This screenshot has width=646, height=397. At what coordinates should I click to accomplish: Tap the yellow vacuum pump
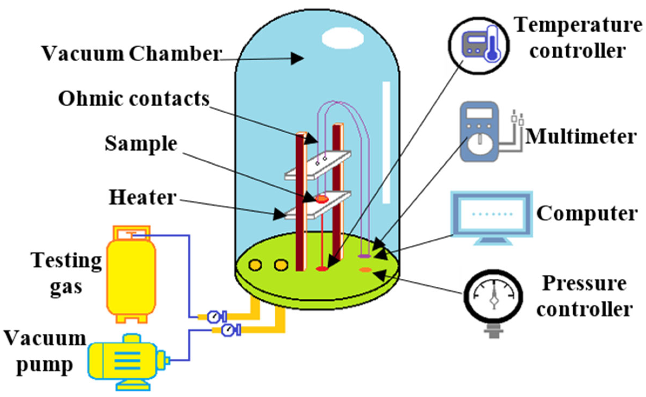coord(124,361)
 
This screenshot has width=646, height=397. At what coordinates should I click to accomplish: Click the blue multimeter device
coord(479,132)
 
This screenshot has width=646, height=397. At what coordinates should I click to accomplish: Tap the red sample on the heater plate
coord(321,199)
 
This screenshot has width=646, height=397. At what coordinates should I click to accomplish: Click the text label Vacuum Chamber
coord(131,54)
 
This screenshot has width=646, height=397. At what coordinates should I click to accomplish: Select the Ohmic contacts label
coord(134,99)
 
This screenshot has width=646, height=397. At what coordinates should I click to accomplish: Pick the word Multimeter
coord(580,137)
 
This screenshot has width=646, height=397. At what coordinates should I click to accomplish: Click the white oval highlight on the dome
coord(342,38)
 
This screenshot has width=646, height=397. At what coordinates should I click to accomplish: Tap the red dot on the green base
coord(322,269)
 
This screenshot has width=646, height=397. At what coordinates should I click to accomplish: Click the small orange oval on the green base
coord(365,269)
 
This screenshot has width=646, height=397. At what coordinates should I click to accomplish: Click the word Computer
coord(587,213)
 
